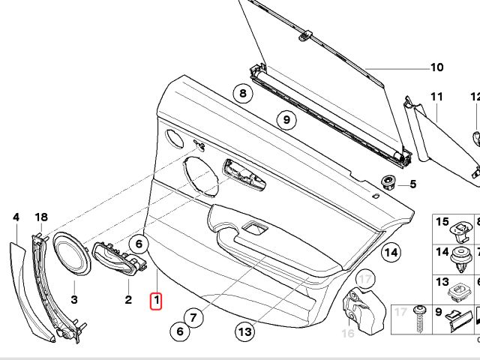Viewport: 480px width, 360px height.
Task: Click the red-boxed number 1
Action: click(x=157, y=301)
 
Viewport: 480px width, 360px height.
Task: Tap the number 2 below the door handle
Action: click(x=128, y=301)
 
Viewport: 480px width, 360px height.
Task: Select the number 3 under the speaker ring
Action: click(x=74, y=300)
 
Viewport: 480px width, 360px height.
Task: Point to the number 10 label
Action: click(x=437, y=68)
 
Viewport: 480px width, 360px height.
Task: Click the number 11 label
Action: click(x=436, y=97)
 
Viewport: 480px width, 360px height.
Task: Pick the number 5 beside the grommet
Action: click(x=412, y=184)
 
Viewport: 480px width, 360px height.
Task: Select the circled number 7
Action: click(x=193, y=317)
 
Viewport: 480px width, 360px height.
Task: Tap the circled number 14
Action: click(x=390, y=252)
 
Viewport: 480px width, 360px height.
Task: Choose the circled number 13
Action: click(x=243, y=329)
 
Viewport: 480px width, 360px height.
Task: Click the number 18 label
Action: click(x=41, y=217)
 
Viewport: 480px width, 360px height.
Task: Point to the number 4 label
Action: click(x=15, y=217)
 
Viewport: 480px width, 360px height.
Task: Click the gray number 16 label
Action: click(x=348, y=333)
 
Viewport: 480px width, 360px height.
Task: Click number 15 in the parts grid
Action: click(x=442, y=223)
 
